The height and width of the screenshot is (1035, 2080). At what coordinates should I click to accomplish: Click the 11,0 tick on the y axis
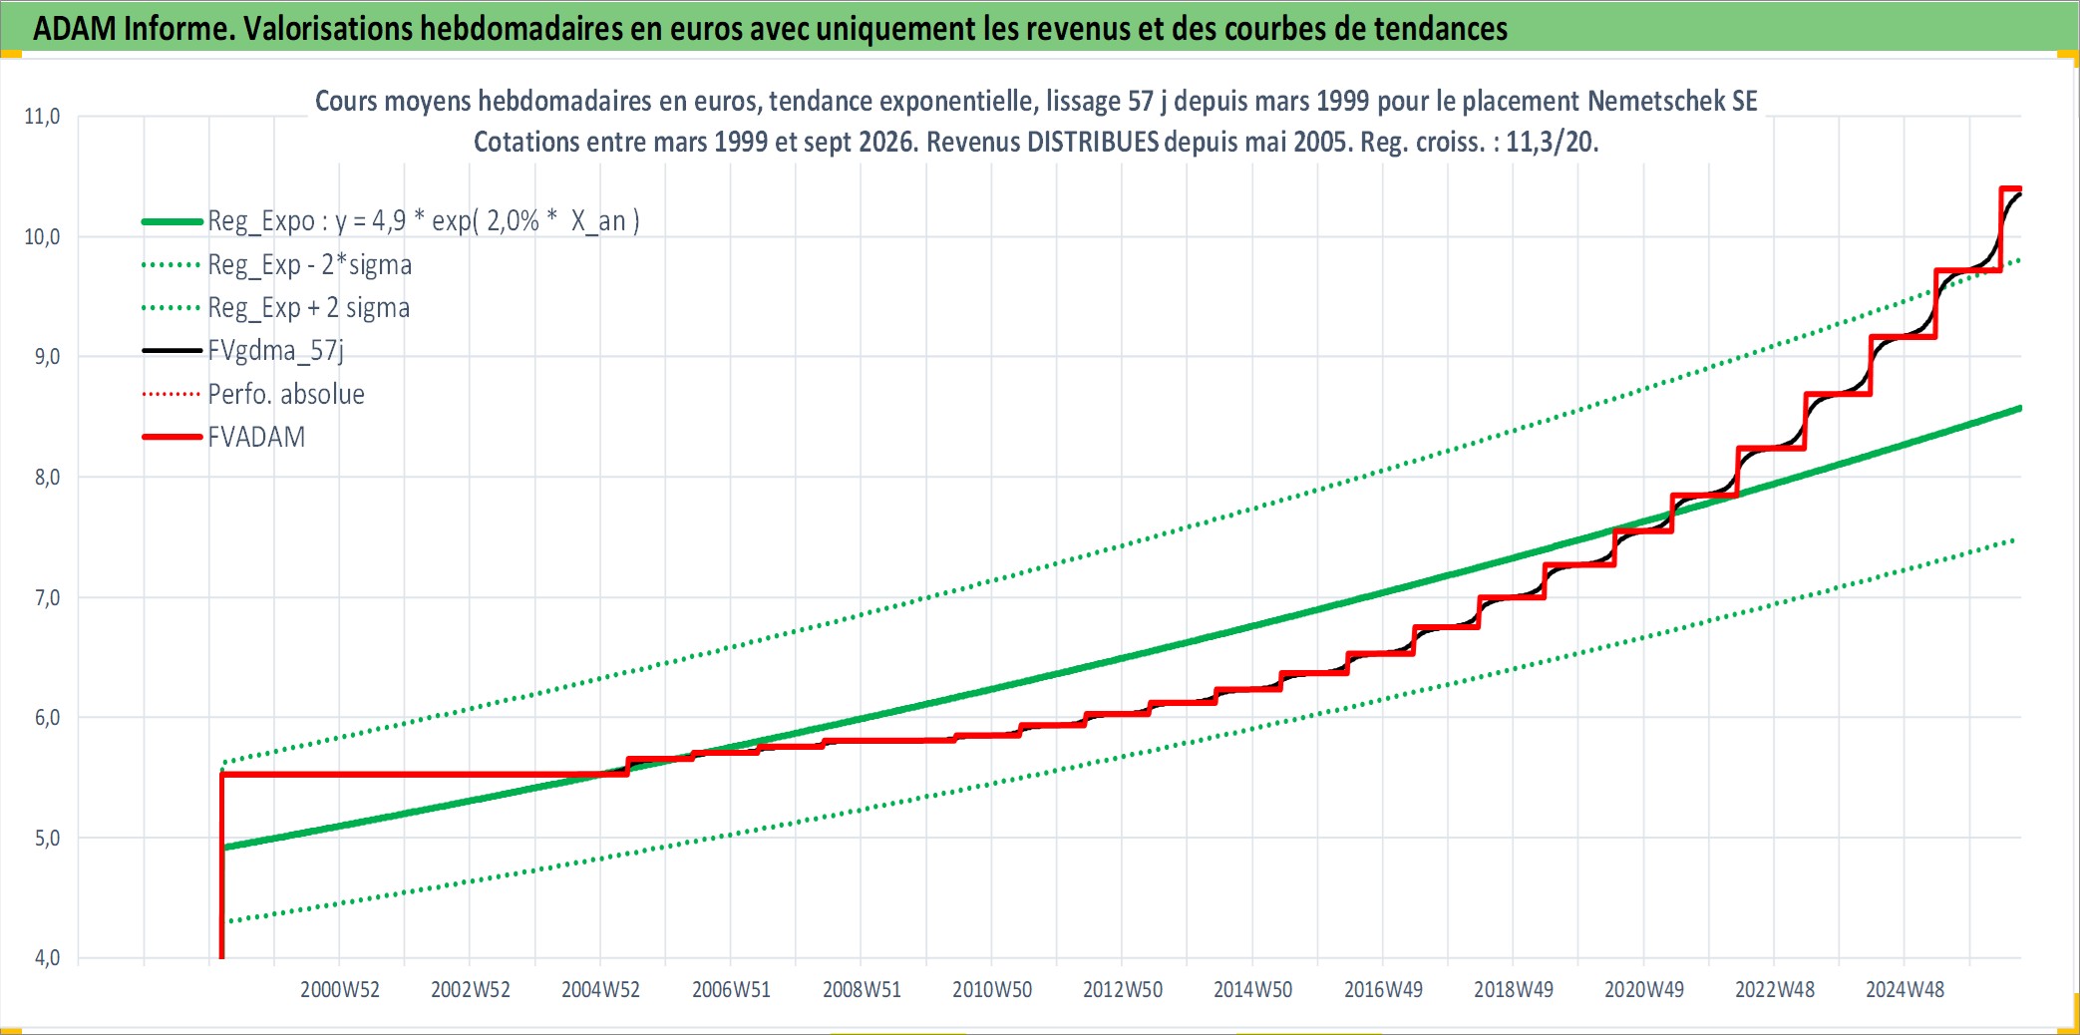tap(42, 117)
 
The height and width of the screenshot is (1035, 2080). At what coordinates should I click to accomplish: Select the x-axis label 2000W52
tap(340, 990)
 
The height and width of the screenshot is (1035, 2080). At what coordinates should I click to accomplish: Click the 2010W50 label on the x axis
tap(992, 990)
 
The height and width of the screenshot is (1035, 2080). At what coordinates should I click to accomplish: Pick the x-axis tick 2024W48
tap(1905, 990)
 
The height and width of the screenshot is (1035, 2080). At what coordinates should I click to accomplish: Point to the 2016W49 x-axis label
tap(1383, 990)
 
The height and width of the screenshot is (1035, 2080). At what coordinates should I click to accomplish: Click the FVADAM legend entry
tap(256, 437)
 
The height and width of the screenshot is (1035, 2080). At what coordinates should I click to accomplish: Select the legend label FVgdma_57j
tap(275, 351)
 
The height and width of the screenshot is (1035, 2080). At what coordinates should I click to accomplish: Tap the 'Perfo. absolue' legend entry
tap(286, 394)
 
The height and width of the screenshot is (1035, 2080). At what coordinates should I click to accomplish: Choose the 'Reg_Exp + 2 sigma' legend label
tap(309, 308)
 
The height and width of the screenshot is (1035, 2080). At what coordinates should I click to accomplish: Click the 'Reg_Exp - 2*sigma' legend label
tap(310, 265)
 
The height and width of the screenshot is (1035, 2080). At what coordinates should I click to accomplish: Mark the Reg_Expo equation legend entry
tap(424, 221)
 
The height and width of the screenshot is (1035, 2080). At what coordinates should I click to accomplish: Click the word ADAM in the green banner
tap(75, 28)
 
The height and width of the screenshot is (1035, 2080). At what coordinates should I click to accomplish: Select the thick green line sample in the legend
tap(173, 221)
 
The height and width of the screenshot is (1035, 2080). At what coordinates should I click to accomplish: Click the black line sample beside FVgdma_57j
tap(173, 351)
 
